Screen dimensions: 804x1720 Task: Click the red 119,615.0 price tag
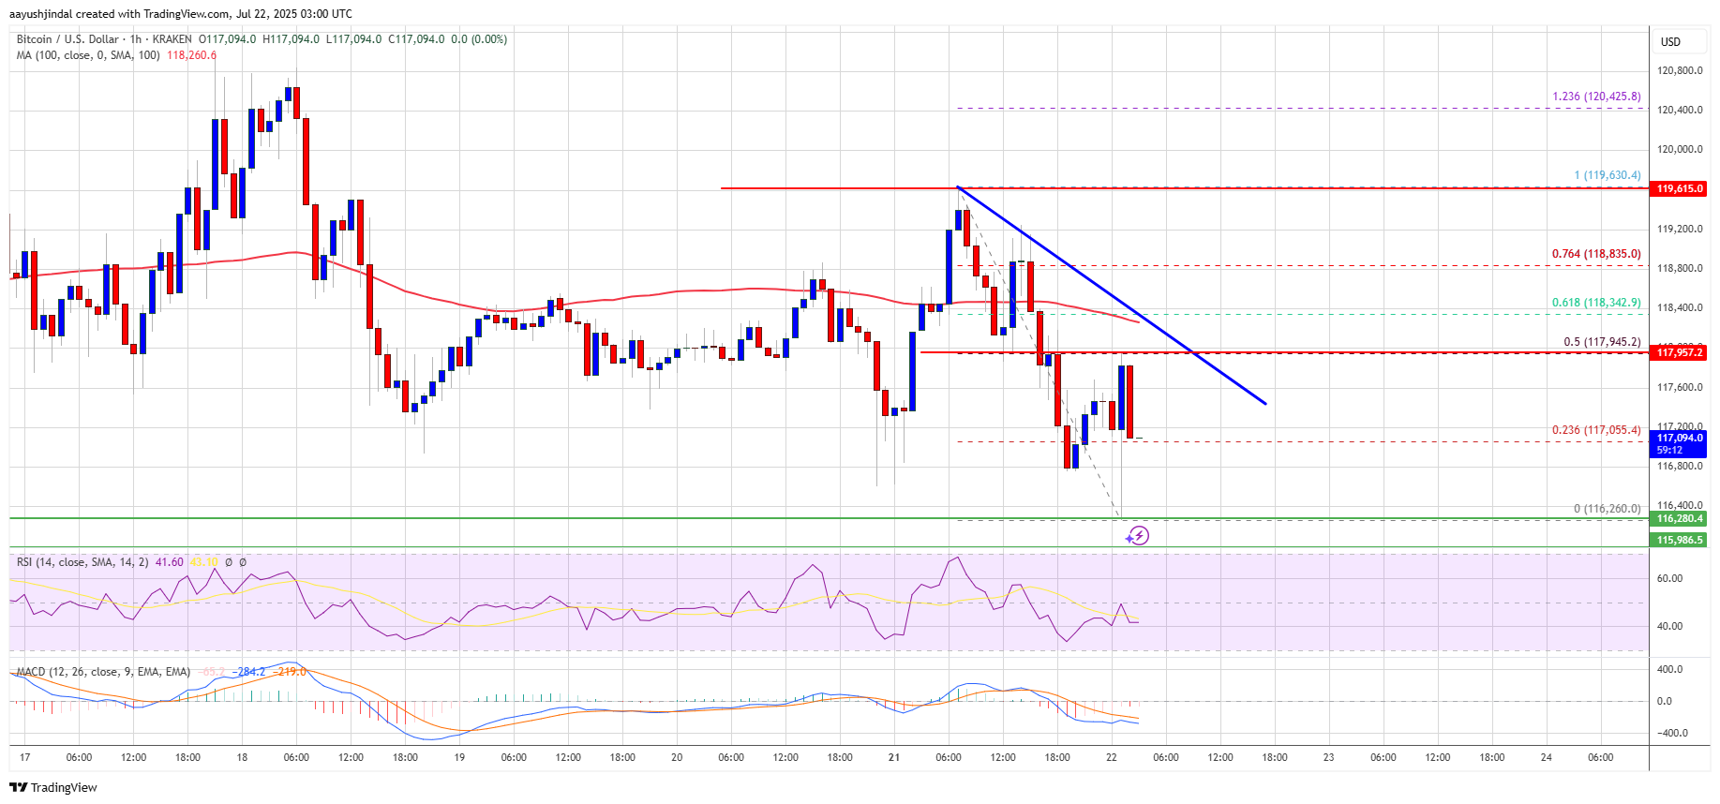tap(1679, 188)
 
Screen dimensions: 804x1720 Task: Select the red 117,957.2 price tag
tap(1679, 352)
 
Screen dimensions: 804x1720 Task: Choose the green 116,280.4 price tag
tap(1679, 518)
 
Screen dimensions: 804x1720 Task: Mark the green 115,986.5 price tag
tap(1679, 540)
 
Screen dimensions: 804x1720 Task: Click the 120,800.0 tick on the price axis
tap(1679, 70)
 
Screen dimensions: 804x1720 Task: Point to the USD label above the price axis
tap(1670, 42)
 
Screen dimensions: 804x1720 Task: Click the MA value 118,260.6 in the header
tap(191, 55)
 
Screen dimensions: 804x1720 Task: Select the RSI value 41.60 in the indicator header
tap(170, 562)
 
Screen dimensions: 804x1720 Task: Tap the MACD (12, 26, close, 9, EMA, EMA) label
tap(103, 672)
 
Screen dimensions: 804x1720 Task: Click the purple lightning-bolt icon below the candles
tap(1137, 536)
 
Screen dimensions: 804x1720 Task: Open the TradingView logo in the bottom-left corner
tap(54, 787)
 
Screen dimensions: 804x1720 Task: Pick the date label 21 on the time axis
tap(894, 757)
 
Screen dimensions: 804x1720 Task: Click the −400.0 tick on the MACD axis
tap(1670, 733)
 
